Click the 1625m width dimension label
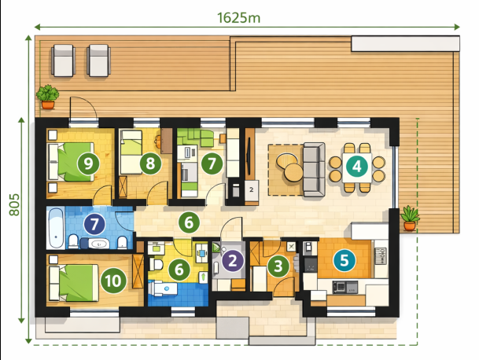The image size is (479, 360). coord(238,18)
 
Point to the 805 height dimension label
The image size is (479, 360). coord(14,204)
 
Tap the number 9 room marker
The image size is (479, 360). coord(88,163)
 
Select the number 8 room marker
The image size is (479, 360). coord(150,163)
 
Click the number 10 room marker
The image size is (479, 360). coord(113,281)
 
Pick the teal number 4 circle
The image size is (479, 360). coord(357,167)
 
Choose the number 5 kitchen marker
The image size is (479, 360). coord(345,260)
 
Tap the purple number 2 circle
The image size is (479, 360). coord(233,261)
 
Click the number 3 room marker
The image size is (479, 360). coord(278,266)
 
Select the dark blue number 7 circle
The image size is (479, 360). coord(94,224)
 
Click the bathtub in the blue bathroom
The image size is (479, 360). coord(56,228)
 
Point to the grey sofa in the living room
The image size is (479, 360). coord(314,170)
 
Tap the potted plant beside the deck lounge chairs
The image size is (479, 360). coord(48,97)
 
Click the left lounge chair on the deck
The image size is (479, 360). coord(64,61)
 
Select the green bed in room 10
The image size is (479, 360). coord(74,283)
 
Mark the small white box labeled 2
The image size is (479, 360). coord(252,190)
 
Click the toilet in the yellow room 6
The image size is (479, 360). coord(156,264)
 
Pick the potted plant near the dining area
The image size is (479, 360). coord(410,218)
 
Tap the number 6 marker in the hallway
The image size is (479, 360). coord(189,222)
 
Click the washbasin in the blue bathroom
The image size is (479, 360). coord(98,244)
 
